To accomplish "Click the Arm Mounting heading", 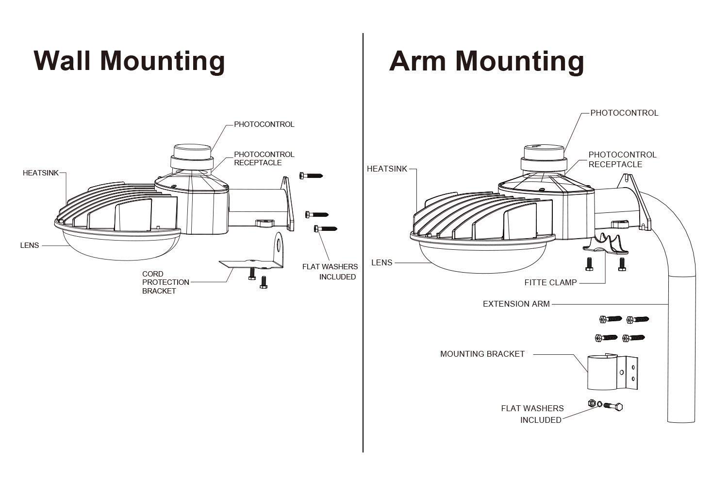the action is [486, 62].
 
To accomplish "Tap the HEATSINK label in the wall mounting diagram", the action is [41, 173].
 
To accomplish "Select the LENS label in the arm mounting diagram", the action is [382, 263].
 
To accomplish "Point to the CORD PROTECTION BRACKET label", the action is [166, 282].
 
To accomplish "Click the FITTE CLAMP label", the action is [550, 282].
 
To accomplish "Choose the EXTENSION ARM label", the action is [516, 304].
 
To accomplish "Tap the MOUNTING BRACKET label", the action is [482, 354].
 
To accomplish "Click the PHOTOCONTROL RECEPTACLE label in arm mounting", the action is [622, 159].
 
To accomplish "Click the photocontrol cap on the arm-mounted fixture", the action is [544, 158].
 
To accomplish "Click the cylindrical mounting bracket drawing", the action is [612, 372].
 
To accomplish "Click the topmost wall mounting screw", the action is [311, 176].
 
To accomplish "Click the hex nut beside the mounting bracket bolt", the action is [592, 403].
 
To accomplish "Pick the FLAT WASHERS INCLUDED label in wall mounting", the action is [330, 272].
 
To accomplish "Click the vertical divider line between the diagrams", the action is [363, 243].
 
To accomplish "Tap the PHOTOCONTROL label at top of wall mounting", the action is [264, 124].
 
